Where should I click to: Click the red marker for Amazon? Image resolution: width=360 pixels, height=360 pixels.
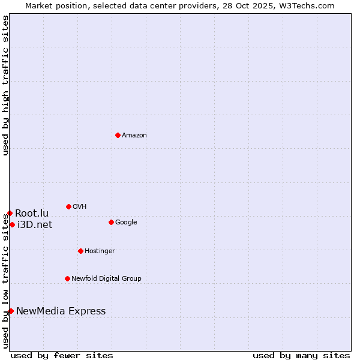118,135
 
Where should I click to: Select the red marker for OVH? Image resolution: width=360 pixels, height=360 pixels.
68,206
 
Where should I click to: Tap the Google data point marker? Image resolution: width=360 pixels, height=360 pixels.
111,222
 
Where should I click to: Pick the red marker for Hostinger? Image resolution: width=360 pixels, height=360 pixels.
80,251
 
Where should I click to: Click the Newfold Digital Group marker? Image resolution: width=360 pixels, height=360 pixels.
67,278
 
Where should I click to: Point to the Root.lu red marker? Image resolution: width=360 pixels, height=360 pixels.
10,213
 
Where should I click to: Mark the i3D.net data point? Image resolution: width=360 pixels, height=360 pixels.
12,224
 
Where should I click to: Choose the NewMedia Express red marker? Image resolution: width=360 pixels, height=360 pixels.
11,311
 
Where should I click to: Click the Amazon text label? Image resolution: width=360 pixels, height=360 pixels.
134,136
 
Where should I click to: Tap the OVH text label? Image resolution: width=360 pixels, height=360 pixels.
80,207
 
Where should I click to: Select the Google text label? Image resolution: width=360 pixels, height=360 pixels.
126,223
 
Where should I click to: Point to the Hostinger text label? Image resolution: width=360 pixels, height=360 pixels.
100,251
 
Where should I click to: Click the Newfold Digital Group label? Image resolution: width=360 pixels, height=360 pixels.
106,279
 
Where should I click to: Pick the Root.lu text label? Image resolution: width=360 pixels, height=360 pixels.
32,214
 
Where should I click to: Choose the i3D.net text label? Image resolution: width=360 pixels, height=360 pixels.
35,225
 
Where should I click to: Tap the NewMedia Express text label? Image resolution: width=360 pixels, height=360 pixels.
61,311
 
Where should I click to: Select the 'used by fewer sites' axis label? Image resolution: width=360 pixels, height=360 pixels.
62,355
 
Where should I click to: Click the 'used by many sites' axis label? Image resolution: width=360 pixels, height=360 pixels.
301,355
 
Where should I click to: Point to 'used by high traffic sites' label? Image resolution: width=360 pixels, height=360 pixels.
5,85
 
